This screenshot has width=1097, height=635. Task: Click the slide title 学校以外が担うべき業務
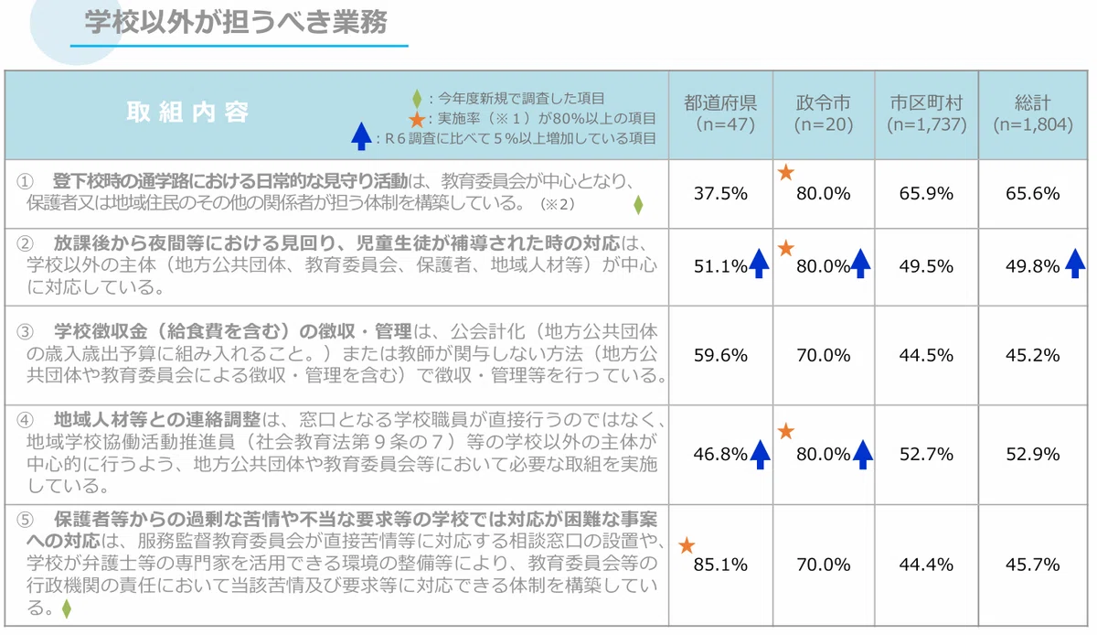pos(236,22)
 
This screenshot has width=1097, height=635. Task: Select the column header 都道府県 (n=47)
pos(720,113)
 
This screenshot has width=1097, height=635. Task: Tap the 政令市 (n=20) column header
pos(824,113)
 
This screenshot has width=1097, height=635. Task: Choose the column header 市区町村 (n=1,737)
pos(927,113)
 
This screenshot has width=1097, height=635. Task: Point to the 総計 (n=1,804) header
pos(1033,113)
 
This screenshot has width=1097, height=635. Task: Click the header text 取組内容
pos(187,113)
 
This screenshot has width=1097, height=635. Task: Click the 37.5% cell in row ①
pos(720,193)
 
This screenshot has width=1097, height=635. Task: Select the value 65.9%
pos(926,193)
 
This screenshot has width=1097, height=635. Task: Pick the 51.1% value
pos(720,266)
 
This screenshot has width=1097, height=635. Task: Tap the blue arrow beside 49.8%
pos(1075,264)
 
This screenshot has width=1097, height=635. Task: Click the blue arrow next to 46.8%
pos(760,455)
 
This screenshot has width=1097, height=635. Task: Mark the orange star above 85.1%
pos(687,545)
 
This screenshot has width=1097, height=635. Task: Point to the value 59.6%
pos(720,355)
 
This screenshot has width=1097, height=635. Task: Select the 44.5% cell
pos(926,355)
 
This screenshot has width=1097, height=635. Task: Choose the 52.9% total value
pos(1033,454)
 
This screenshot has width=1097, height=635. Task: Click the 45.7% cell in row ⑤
pos(1033,565)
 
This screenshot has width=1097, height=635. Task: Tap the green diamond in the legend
pos(417,99)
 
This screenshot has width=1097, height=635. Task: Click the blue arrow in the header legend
pos(361,136)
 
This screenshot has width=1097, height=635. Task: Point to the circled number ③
pos(25,332)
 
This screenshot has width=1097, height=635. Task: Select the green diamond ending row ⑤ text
pos(67,609)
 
